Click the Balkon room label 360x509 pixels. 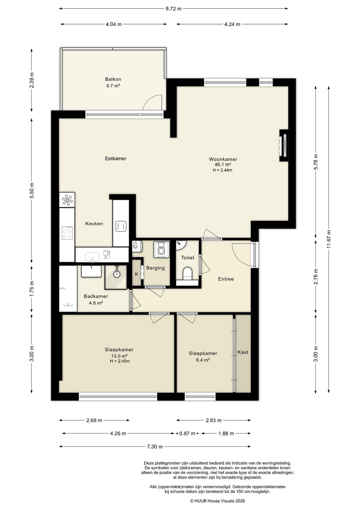pos(113,79)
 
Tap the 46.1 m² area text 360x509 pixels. pos(223,164)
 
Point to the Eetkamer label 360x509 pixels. pos(116,158)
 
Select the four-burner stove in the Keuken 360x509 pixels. pos(67,233)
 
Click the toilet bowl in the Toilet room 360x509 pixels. pos(187,273)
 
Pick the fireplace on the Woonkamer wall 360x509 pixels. pos(284,146)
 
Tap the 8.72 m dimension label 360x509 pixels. pos(174,9)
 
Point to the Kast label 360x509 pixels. pos(243,352)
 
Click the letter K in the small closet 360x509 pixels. pos(137,274)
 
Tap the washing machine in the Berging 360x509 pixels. pos(161,249)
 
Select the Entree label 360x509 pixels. pos(226,279)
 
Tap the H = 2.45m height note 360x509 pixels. pos(120,361)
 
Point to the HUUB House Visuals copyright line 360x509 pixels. pos(217,501)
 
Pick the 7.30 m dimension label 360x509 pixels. pos(155,447)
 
